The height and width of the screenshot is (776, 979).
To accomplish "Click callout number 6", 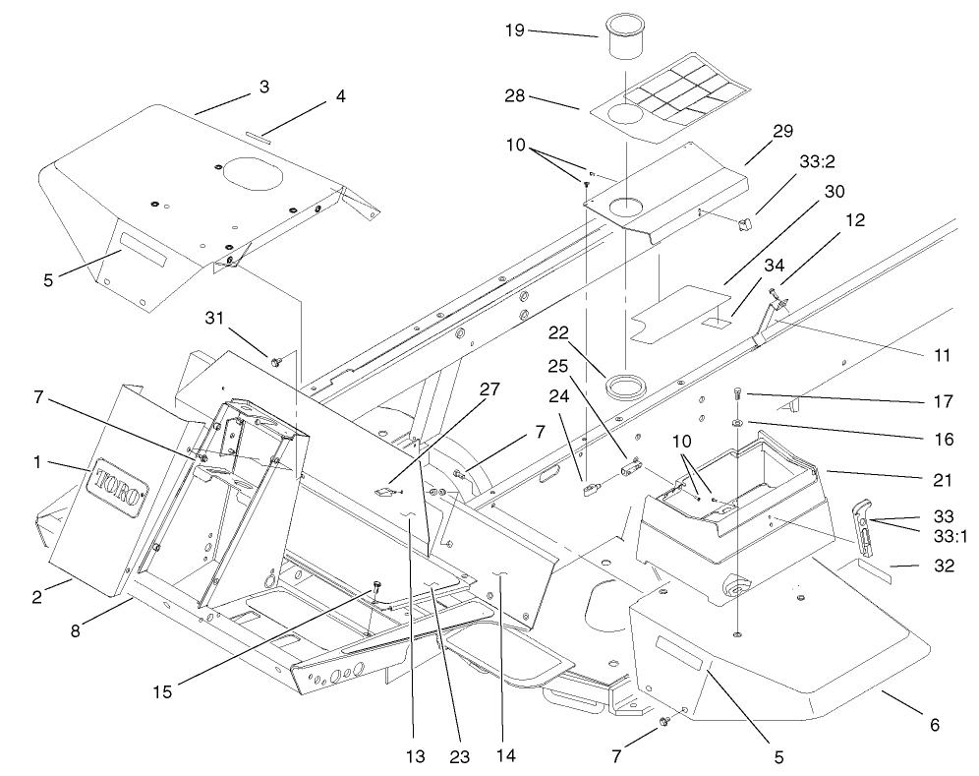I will click(x=934, y=725).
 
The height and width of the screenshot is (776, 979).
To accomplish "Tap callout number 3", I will click(x=263, y=88).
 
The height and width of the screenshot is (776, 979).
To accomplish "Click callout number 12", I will click(x=855, y=221).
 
